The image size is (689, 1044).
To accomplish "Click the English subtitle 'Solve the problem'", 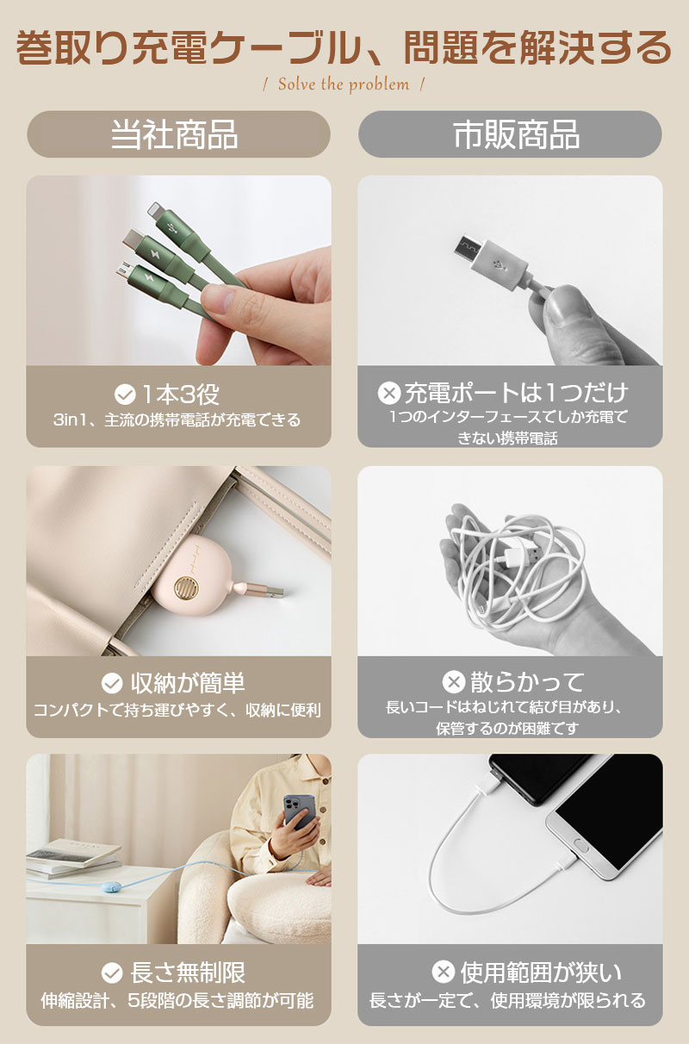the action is tap(344, 84).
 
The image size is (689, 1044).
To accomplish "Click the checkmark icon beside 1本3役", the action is tap(125, 395).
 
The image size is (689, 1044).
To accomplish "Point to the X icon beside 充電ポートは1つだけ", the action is tap(389, 393).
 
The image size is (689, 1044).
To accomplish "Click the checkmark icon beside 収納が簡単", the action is tap(112, 684).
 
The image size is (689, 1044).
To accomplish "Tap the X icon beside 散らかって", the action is tap(454, 682).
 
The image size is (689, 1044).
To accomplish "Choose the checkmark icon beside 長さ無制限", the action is tap(112, 973).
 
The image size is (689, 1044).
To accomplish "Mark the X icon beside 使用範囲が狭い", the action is tap(443, 972).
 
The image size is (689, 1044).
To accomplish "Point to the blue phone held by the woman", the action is tap(300, 813).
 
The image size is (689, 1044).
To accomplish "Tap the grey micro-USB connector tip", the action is tap(468, 247).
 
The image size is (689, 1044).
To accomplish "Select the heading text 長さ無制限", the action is tap(187, 973).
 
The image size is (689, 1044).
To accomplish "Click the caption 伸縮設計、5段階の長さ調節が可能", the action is tap(177, 1001).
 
